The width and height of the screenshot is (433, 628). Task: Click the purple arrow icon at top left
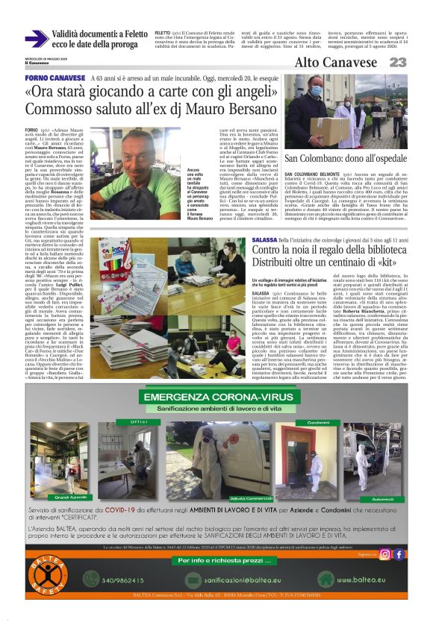tap(37, 37)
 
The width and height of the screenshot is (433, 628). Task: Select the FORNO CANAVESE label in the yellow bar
tap(55, 78)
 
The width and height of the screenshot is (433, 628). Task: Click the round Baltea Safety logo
tap(45, 579)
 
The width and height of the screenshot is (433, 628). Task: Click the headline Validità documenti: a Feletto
tap(101, 34)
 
